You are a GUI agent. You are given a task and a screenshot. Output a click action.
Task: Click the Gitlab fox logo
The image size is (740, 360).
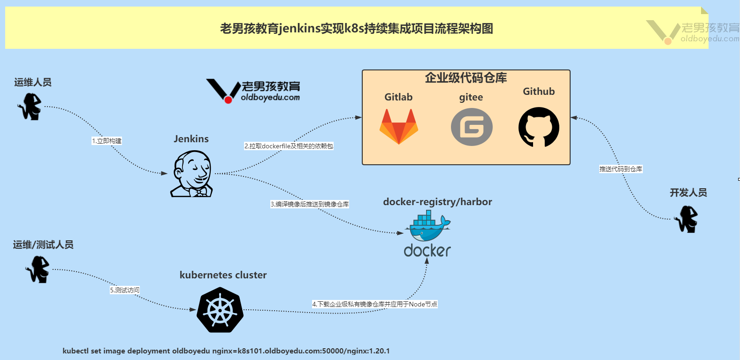coord(398,127)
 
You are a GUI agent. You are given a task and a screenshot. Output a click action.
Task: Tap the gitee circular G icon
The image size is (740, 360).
coord(472,127)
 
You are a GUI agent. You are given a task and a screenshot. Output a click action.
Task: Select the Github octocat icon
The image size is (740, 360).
coord(539,127)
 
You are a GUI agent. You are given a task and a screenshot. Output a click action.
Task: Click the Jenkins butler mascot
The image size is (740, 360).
coord(192,174)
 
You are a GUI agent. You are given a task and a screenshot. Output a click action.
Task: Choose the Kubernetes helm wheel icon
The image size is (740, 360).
coord(220,310)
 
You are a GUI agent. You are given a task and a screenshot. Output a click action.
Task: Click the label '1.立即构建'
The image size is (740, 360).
coord(107,141)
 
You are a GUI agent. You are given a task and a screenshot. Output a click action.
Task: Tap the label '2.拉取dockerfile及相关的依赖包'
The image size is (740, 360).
coord(289,146)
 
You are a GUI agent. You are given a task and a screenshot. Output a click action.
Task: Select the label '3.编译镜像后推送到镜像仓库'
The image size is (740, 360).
coord(310,204)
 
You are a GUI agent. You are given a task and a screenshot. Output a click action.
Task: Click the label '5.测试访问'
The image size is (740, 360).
coord(125,290)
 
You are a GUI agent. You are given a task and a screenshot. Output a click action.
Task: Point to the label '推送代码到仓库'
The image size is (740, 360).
coord(621,169)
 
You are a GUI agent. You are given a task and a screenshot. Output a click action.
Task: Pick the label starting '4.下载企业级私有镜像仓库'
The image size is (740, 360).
coord(374,304)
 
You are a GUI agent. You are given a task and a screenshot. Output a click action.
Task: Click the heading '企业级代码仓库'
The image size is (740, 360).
coord(465,78)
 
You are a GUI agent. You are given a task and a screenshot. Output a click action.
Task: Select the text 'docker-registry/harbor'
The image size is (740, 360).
coord(437,202)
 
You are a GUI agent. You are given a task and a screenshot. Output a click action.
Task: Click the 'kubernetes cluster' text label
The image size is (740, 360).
coord(223,275)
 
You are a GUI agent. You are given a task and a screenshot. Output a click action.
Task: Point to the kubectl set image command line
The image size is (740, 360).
coord(226,351)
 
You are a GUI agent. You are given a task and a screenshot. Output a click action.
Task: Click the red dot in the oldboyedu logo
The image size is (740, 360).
coord(228,100)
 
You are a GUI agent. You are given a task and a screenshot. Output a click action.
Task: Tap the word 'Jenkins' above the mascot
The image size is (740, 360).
coord(191,139)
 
